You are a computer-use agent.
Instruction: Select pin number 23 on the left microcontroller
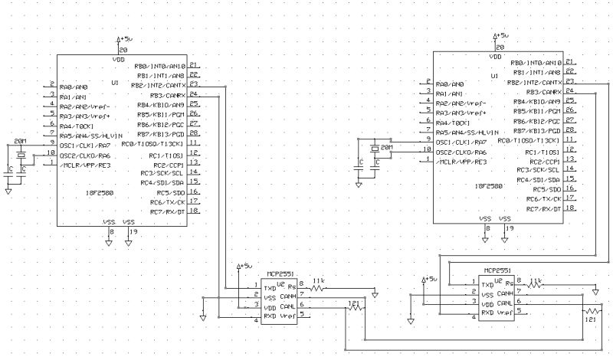(x=195, y=84)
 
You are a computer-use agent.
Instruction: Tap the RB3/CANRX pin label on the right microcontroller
(x=541, y=92)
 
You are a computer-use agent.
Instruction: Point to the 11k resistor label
(x=320, y=281)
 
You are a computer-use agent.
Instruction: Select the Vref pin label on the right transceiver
(x=504, y=313)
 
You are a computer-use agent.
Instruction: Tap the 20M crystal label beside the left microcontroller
(x=21, y=142)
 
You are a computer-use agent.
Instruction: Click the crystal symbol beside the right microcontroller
(x=375, y=148)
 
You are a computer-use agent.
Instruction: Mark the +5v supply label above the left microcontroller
(x=125, y=37)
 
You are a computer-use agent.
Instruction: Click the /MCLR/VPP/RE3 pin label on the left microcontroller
(x=83, y=162)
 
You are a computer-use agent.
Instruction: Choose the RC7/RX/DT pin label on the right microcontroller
(x=543, y=208)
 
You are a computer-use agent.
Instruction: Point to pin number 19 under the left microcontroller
(x=134, y=231)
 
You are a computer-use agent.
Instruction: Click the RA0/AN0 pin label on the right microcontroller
(x=450, y=83)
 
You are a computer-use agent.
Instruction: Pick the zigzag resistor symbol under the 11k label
(x=319, y=290)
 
